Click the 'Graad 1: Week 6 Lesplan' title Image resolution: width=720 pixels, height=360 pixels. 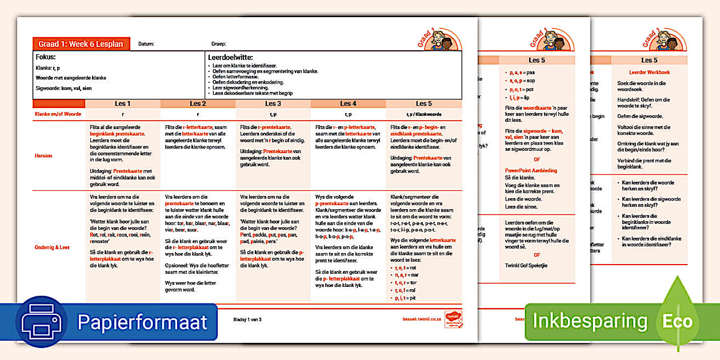click(81, 44)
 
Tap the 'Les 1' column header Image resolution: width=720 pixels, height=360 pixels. click(122, 103)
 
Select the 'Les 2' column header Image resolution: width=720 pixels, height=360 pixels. click(198, 103)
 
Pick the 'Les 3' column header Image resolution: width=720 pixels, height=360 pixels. click(273, 103)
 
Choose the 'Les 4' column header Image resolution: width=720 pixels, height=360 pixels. click(349, 103)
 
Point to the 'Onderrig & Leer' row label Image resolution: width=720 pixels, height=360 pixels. click(53, 247)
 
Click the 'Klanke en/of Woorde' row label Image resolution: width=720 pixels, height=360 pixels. click(58, 114)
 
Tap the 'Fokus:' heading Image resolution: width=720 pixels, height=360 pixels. click(46, 57)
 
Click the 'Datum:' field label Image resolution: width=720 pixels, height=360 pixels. click(146, 44)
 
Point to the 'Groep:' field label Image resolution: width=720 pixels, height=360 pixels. click(219, 44)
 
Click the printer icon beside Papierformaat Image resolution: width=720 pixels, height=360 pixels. click(42, 322)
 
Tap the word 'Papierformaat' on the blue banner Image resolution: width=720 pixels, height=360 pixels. click(142, 322)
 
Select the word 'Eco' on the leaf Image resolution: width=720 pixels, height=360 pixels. click(678, 321)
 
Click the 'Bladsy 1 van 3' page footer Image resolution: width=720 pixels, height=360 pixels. click(247, 319)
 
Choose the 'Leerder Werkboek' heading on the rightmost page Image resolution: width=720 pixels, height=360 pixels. click(649, 73)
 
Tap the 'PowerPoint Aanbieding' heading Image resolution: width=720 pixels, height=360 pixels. click(531, 170)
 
